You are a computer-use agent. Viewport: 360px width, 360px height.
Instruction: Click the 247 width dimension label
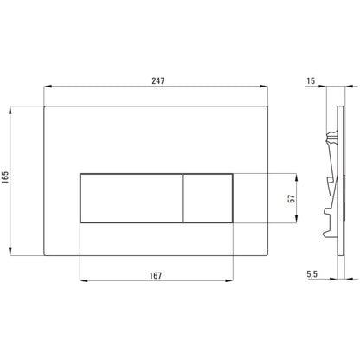click(158, 80)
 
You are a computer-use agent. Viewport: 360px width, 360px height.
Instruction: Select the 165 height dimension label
click(5, 177)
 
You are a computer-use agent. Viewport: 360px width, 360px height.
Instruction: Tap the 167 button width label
click(156, 275)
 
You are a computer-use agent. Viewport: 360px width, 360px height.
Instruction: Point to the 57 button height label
click(292, 198)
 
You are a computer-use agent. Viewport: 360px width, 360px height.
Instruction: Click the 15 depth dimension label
click(311, 80)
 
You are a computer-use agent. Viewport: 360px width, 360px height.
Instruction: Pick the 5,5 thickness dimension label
click(312, 274)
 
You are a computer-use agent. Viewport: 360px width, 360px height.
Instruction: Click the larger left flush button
click(132, 198)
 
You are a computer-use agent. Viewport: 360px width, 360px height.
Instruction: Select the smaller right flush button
click(208, 198)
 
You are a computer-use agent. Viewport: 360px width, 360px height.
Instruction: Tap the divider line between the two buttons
click(183, 198)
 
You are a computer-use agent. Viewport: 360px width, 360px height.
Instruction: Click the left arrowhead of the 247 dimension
click(48, 86)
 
